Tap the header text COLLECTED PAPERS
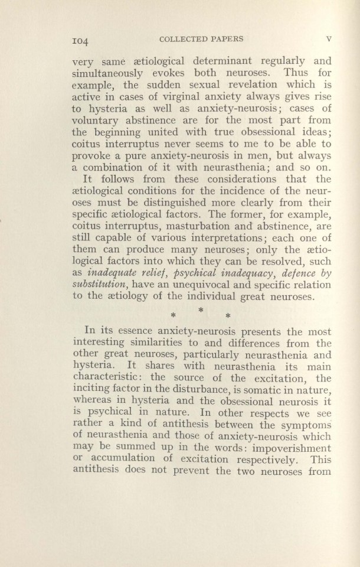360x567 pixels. pyautogui.click(x=195, y=40)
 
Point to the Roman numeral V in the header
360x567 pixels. pyautogui.click(x=329, y=40)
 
